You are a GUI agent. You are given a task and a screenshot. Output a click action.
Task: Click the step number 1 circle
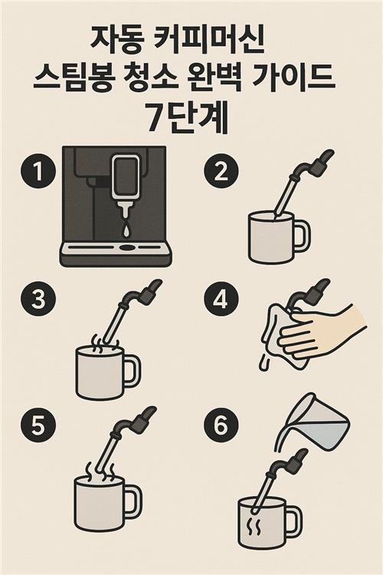(38, 172)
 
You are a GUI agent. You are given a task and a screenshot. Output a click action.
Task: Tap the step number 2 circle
(221, 172)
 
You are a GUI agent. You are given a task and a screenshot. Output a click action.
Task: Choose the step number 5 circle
(38, 425)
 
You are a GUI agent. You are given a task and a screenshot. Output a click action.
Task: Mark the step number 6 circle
(221, 425)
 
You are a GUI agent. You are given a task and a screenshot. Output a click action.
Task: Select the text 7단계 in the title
(187, 119)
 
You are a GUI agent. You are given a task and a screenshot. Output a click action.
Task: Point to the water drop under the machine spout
(126, 230)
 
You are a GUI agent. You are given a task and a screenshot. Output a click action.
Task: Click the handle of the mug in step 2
(303, 236)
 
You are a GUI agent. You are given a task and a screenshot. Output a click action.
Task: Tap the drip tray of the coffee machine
(116, 254)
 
